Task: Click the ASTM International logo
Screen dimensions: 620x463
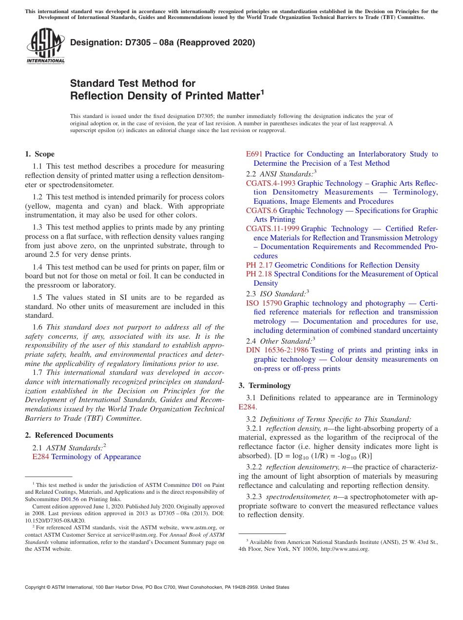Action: click(x=45, y=46)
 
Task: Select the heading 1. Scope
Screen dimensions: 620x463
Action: click(x=40, y=154)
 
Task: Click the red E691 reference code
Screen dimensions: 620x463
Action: click(x=254, y=154)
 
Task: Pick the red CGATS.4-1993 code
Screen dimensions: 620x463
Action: click(x=270, y=183)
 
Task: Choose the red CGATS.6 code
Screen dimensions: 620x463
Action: click(x=261, y=211)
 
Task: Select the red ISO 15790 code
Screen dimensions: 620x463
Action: click(x=264, y=303)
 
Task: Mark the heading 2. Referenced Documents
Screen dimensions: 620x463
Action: click(x=69, y=435)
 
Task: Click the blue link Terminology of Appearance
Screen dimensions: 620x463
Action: click(x=96, y=457)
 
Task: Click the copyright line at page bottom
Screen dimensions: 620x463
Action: click(x=157, y=587)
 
